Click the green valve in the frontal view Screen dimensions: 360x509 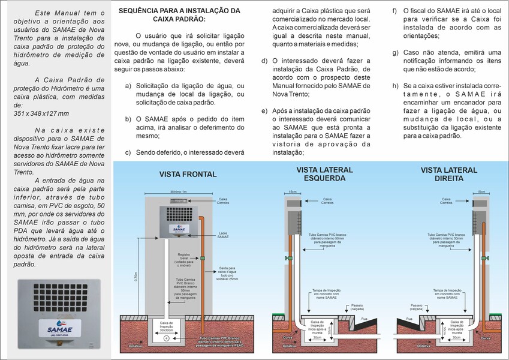(x=202, y=258)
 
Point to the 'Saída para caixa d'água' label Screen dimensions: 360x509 (x=227, y=272)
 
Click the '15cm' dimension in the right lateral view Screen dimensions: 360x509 (x=481, y=192)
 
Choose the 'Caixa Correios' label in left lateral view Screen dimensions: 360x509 (x=327, y=200)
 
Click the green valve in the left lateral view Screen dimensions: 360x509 (x=289, y=259)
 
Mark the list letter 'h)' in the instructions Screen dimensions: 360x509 (x=395, y=85)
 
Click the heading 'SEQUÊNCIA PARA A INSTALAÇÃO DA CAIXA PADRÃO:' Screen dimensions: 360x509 (x=179, y=14)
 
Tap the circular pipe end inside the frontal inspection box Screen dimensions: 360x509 (x=166, y=340)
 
